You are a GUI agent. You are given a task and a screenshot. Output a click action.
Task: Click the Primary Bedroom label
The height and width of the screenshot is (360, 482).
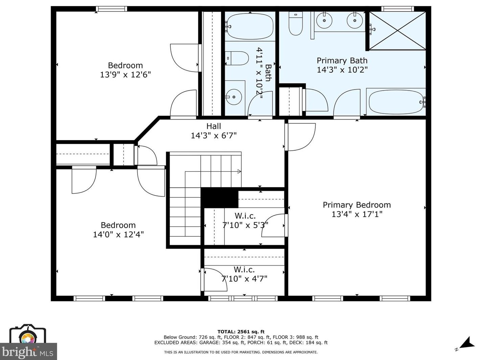point(357,205)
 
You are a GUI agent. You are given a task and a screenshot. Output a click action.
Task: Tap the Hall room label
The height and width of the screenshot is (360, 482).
point(214,126)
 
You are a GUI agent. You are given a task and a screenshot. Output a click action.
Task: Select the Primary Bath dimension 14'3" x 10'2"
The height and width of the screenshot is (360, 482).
point(342,70)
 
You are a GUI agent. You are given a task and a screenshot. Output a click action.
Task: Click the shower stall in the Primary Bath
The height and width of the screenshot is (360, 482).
point(397,31)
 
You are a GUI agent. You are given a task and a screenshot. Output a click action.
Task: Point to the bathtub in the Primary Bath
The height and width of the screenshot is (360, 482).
point(395,102)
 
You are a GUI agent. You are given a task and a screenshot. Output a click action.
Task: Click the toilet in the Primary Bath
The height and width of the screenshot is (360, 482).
point(296,24)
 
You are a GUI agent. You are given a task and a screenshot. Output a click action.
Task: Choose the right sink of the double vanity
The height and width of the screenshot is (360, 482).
point(355,21)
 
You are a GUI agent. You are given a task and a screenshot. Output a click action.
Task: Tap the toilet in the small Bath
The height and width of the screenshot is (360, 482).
point(237,58)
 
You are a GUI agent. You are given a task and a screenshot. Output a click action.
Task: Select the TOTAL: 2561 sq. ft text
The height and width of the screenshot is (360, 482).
point(241,332)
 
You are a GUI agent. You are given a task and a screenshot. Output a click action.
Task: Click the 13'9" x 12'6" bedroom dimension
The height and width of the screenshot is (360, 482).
point(125,75)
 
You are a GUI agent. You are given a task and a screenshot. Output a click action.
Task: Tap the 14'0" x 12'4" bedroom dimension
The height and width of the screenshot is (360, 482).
point(118,234)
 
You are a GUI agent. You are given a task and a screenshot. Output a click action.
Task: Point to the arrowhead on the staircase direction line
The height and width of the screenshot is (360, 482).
point(240,172)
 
